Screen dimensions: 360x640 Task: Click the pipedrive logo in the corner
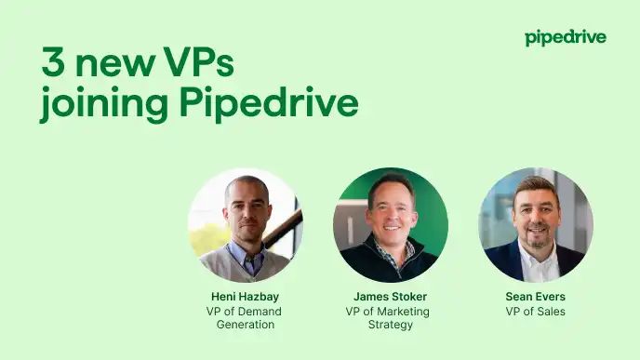(x=565, y=37)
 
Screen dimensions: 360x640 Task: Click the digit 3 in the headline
(x=53, y=63)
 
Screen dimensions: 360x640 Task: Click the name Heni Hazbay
(x=245, y=297)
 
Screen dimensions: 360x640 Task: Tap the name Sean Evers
(x=535, y=297)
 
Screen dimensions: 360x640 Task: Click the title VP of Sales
(x=535, y=311)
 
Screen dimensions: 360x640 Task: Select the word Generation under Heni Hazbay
(x=245, y=325)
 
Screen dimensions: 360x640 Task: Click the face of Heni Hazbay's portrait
(x=245, y=207)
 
